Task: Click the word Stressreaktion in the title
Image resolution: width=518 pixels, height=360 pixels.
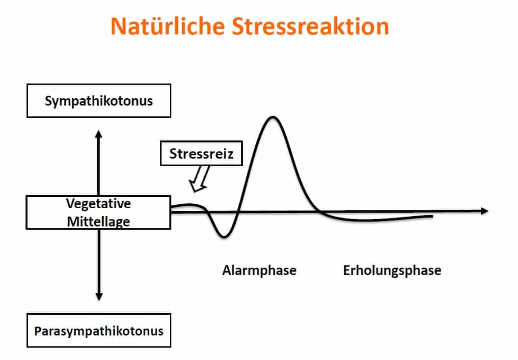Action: (x=310, y=26)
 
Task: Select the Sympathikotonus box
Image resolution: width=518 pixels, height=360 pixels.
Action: (x=99, y=101)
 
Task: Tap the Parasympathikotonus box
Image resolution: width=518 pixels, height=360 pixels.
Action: (x=99, y=330)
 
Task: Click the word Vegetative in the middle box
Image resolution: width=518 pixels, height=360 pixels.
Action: (x=99, y=204)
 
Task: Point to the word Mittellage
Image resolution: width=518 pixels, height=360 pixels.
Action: (x=99, y=222)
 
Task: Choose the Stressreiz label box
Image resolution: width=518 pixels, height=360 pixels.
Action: (x=201, y=153)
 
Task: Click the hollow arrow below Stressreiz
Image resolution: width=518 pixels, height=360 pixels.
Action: (x=199, y=178)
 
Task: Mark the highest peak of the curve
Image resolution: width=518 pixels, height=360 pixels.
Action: (x=273, y=117)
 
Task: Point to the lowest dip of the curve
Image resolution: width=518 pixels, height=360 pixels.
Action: (x=224, y=236)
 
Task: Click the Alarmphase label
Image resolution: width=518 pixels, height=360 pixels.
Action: (x=259, y=271)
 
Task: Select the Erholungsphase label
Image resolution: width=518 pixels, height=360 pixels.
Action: (x=392, y=271)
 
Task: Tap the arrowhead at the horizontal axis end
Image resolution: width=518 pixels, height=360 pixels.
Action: (x=485, y=211)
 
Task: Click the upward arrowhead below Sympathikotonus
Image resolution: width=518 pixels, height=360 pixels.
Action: (x=99, y=134)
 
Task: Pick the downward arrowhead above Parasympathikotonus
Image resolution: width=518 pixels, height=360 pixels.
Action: (x=99, y=297)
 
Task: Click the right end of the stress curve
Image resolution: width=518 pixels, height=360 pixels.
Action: (x=432, y=217)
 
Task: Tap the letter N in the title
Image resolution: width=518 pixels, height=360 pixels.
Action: (x=118, y=26)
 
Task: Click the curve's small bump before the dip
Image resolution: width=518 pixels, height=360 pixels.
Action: (x=190, y=205)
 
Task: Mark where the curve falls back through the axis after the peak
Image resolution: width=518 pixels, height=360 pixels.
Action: (x=318, y=211)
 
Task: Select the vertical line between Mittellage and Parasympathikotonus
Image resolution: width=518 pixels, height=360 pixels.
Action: (x=99, y=261)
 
